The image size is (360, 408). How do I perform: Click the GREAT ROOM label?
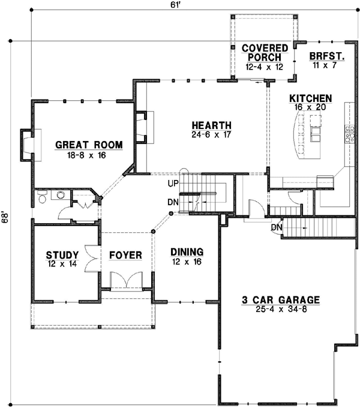tap(89, 145)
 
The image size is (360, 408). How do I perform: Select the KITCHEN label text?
tap(310, 98)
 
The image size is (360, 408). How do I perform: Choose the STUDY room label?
tap(62, 255)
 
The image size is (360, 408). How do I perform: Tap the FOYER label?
tap(125, 255)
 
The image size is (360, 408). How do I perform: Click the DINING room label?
tap(187, 252)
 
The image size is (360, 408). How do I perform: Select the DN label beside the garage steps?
tap(276, 227)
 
